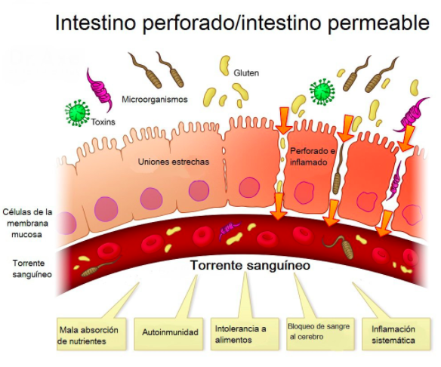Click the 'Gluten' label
[246, 72]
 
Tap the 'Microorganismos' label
[154, 99]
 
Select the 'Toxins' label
[103, 122]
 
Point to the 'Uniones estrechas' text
[174, 162]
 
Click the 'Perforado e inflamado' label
[313, 156]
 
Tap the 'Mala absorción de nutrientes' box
[91, 334]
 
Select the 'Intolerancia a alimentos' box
[245, 334]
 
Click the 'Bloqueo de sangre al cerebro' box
[320, 334]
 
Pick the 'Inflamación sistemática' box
[396, 334]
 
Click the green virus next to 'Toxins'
[77, 113]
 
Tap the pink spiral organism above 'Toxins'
[99, 90]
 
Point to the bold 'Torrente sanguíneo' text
[250, 265]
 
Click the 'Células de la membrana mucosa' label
[27, 223]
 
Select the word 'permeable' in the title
[378, 23]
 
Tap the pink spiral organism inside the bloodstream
[230, 230]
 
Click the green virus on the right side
[322, 92]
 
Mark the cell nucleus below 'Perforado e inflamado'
[304, 192]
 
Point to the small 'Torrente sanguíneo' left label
[32, 269]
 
